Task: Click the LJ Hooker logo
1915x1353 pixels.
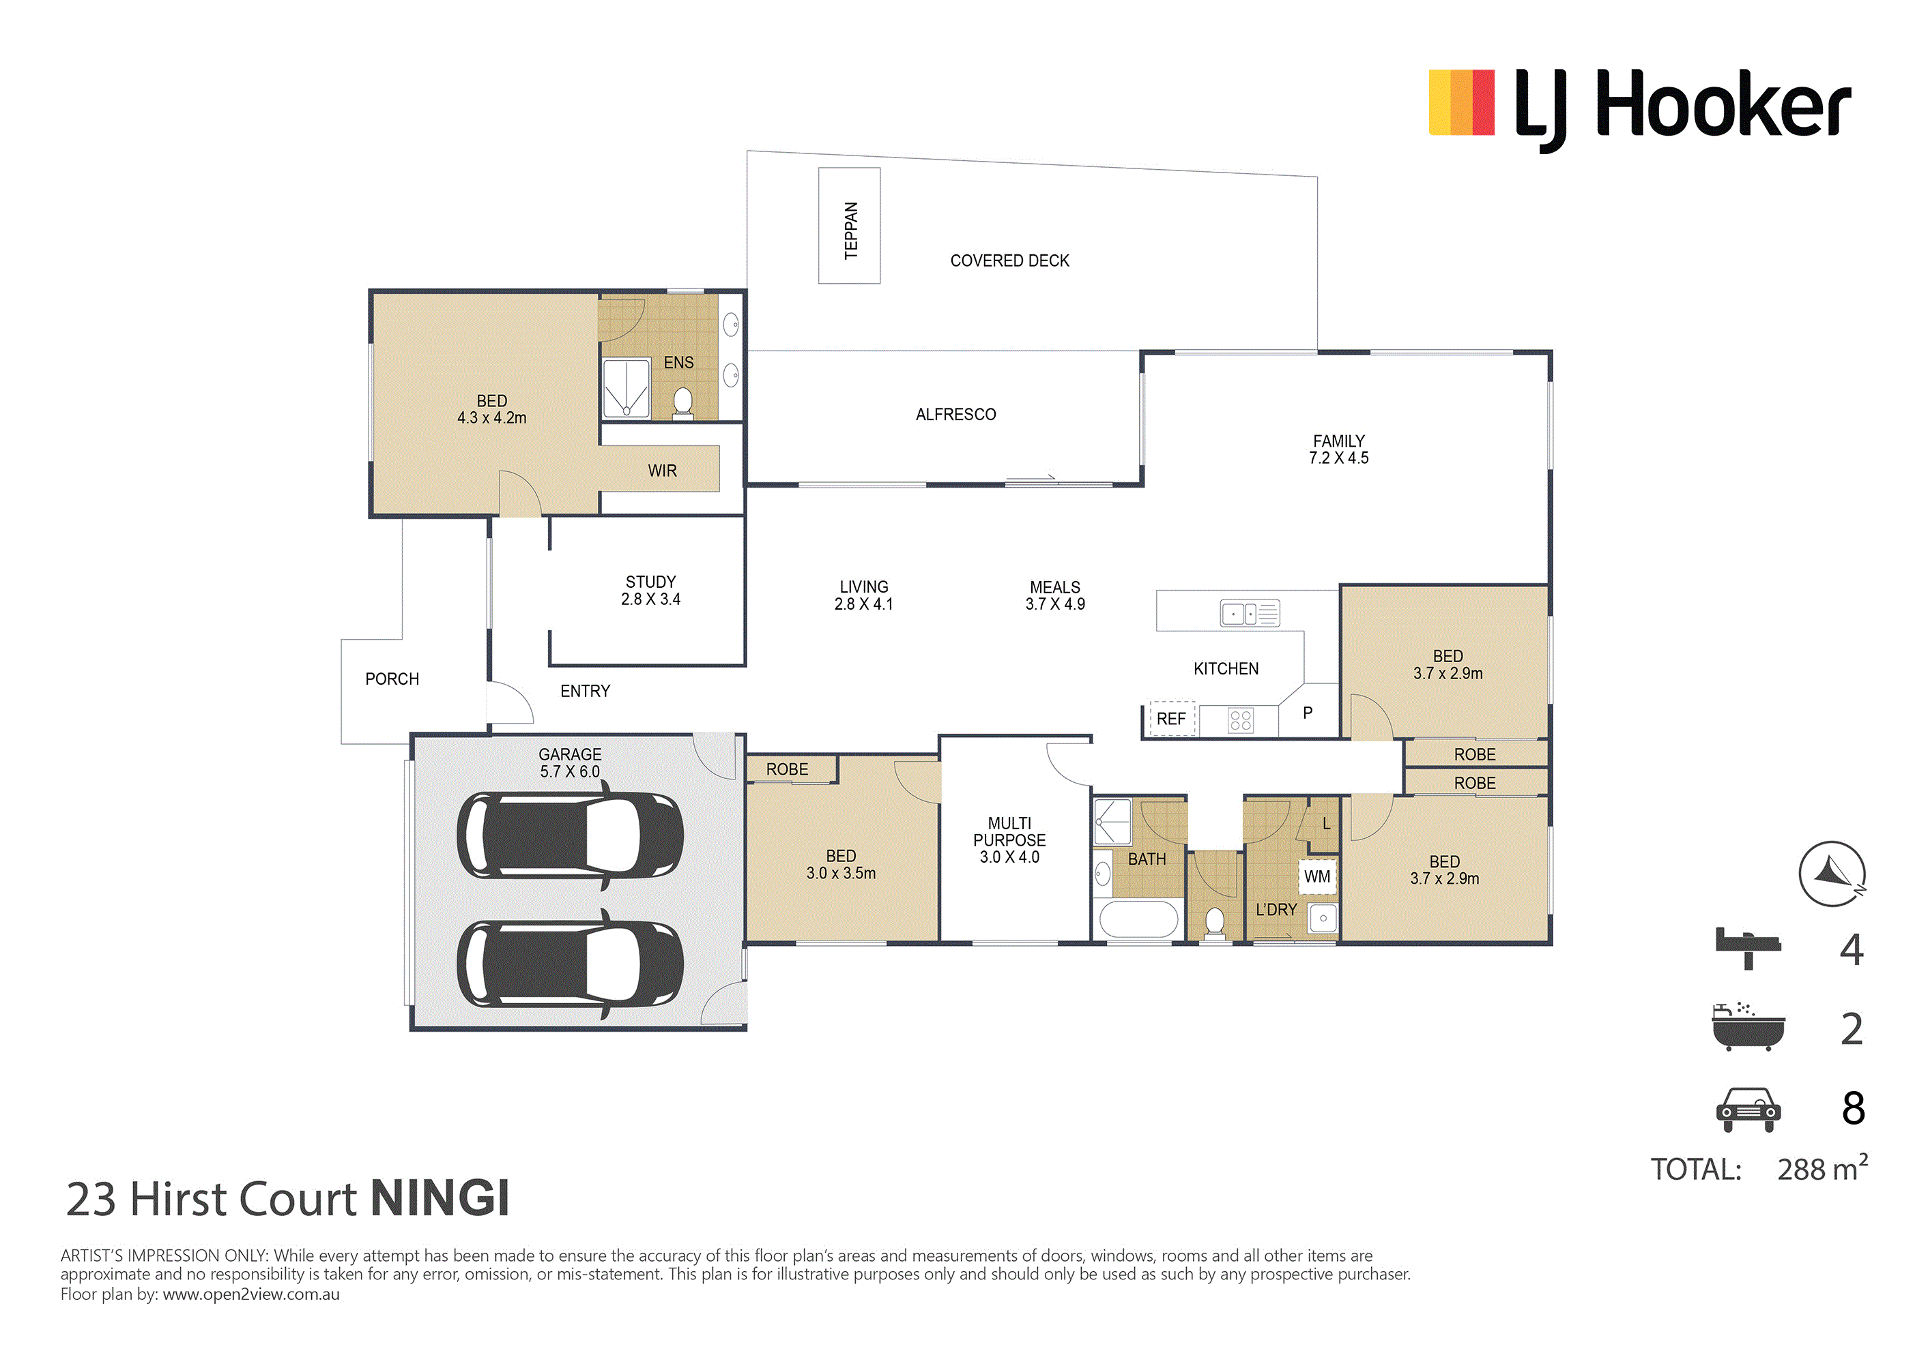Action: tap(1640, 109)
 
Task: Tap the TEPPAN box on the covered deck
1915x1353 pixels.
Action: tap(849, 226)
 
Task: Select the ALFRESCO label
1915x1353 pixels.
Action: tap(956, 415)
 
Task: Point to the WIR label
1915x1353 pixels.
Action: tap(662, 471)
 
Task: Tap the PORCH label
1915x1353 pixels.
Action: tap(392, 679)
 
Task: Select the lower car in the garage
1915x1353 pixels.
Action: tap(571, 964)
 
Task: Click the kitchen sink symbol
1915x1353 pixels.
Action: tap(1250, 614)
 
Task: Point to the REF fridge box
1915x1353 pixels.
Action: tap(1172, 719)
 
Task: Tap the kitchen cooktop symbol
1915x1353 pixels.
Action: tap(1240, 720)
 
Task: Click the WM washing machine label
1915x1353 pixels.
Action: tap(1317, 877)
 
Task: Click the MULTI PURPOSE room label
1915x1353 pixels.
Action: tap(1009, 840)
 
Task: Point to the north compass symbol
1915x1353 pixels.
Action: tap(1832, 874)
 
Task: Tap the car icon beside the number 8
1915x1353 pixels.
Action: tap(1748, 1110)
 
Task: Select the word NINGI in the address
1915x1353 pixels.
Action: tap(440, 1199)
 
